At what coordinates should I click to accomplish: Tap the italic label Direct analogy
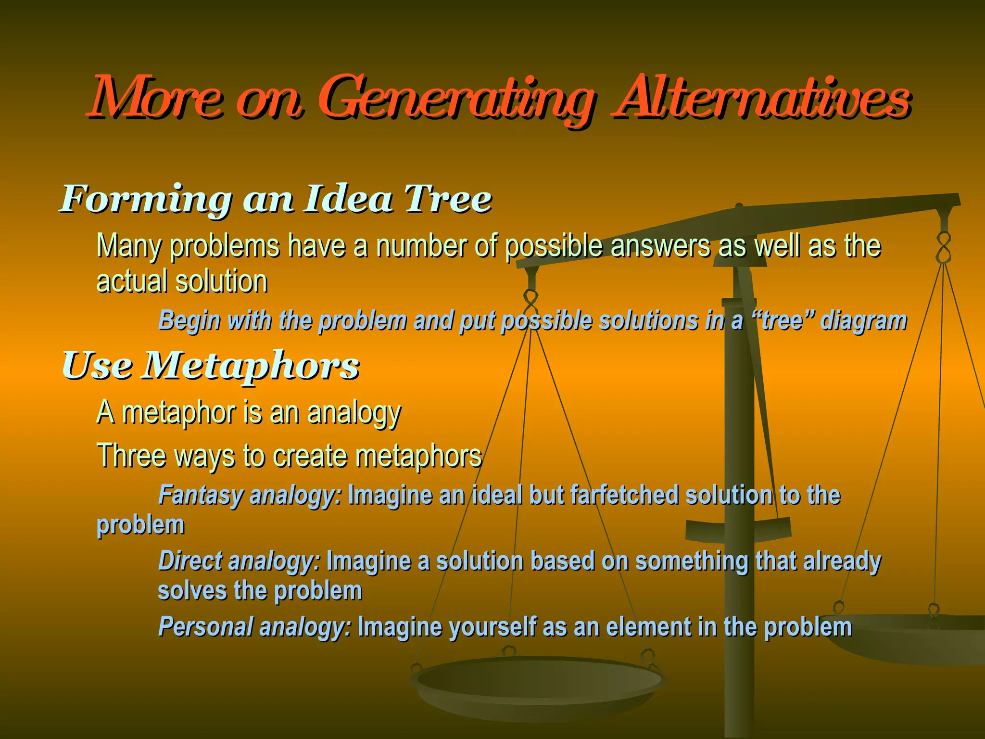(239, 561)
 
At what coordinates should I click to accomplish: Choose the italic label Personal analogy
(254, 627)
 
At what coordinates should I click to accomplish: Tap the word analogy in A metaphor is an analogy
(354, 413)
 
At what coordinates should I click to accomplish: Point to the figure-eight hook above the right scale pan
(944, 247)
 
